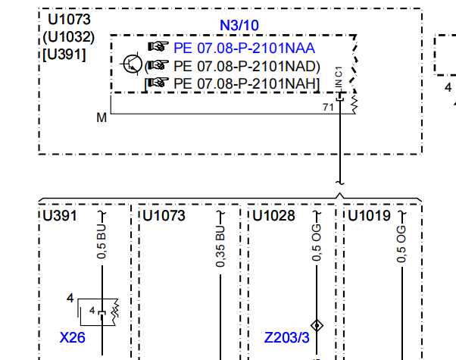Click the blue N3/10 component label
point(239,25)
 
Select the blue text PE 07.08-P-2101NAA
point(244,48)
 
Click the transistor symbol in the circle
point(132,64)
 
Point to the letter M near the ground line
point(102,118)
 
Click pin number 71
point(328,107)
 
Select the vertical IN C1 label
point(339,77)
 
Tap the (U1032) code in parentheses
point(69,37)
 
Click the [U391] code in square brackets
point(64,55)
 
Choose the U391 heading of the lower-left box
point(60,216)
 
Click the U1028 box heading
point(273,216)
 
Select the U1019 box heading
point(369,216)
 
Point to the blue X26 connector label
point(73,337)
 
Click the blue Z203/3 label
point(287,337)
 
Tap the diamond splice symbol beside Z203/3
point(317,325)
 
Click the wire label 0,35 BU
point(220,246)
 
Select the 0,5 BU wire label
point(102,242)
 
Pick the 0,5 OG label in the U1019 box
point(401,244)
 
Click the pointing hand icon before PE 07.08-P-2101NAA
point(158,46)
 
